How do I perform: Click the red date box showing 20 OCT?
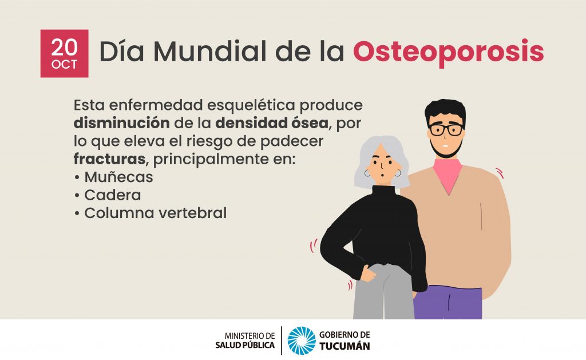(x=64, y=53)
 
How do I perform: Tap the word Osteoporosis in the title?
(x=448, y=52)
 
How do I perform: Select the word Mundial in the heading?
(x=209, y=51)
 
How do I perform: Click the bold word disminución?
(x=121, y=123)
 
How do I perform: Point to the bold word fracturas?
(x=109, y=159)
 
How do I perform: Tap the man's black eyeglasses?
(x=446, y=129)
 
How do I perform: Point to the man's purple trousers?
(x=448, y=303)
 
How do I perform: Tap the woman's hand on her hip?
(x=368, y=274)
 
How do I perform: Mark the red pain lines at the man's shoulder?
(x=500, y=173)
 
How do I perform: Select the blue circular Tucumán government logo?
(x=302, y=341)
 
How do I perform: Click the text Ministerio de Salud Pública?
(x=245, y=341)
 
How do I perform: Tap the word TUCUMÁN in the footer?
(x=345, y=346)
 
